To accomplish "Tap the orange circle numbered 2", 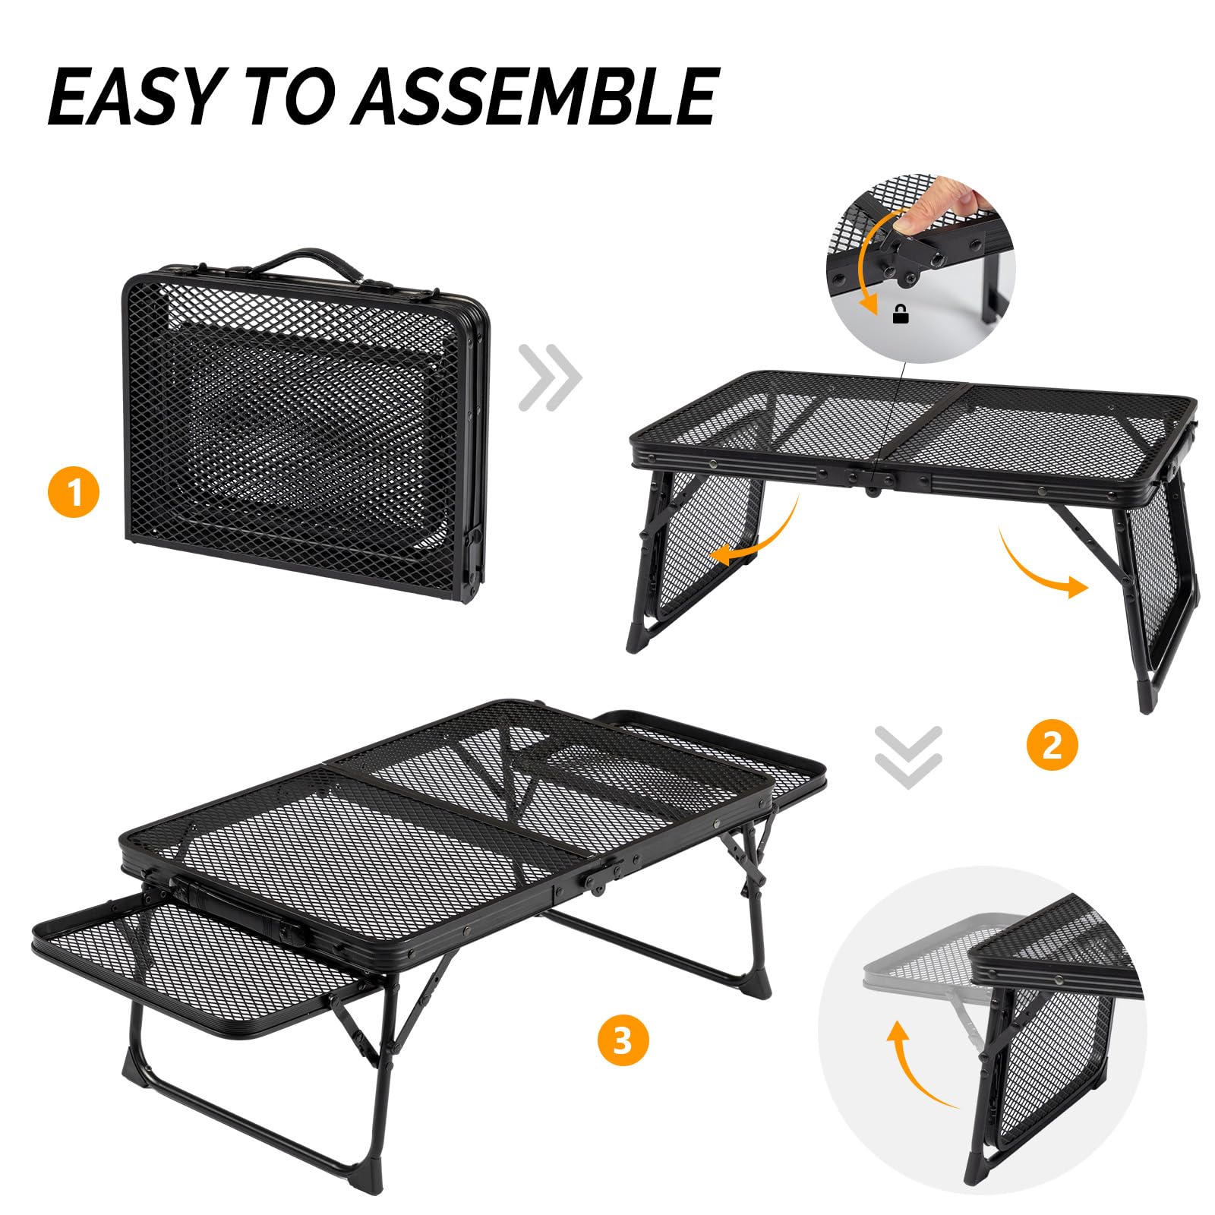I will pos(1052,745).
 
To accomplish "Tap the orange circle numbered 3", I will pos(623,1040).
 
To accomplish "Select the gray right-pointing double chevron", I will pos(550,377).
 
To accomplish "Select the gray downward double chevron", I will pos(908,756).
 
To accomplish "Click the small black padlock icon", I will pos(901,314).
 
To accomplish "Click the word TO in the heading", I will pos(293,96).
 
